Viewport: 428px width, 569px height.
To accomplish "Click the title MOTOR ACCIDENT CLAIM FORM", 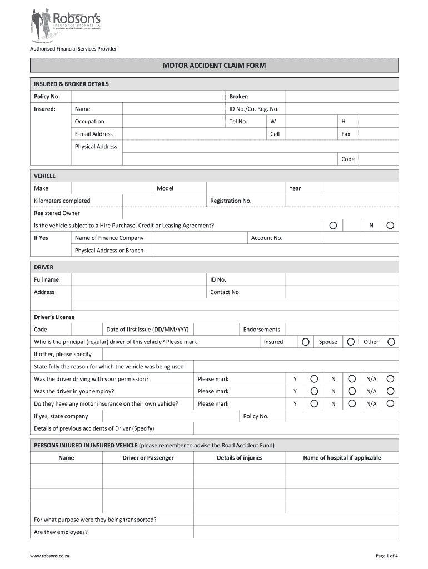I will point(214,66).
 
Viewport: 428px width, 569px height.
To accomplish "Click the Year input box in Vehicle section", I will point(361,188).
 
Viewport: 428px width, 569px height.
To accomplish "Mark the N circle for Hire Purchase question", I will point(390,226).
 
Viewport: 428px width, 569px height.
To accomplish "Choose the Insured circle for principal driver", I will point(305,342).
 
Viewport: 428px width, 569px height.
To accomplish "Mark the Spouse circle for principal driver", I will point(351,342).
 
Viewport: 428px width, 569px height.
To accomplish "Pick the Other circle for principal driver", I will point(391,342).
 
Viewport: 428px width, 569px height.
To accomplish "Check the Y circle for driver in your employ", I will point(314,391).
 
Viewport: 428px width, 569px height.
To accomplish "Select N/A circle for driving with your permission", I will point(390,379).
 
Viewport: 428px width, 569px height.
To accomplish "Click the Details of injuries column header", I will point(240,458).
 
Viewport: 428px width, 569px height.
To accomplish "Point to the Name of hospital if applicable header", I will point(342,458).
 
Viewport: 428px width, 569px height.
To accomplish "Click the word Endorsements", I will point(261,330).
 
